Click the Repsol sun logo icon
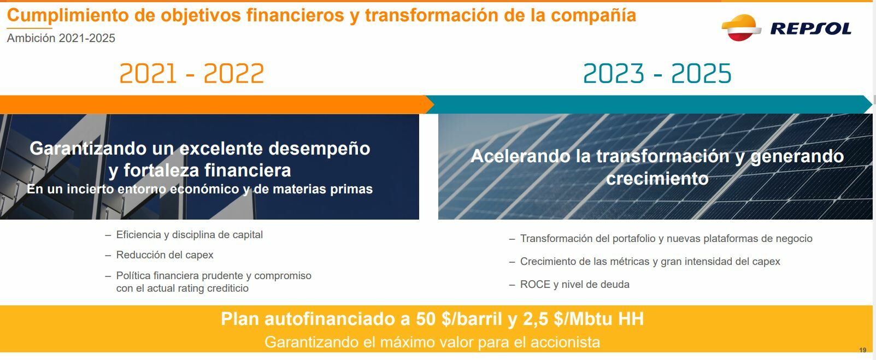coord(741,27)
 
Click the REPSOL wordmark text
coord(810,29)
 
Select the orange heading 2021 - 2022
coord(192,74)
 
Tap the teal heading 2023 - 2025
coord(657,74)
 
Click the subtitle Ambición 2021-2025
coord(61,38)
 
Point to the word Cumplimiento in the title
coord(68,16)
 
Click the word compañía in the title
coord(593,16)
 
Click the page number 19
coord(863,350)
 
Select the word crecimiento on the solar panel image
coord(657,179)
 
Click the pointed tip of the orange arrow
coord(434,104)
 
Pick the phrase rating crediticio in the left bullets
coord(213,288)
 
